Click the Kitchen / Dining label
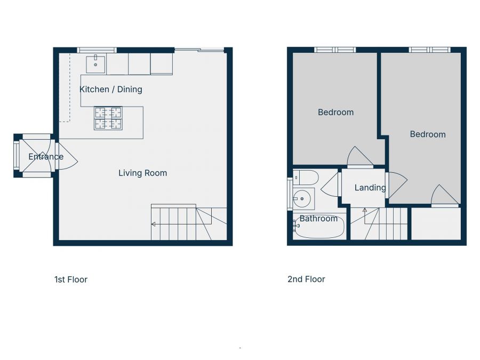[111, 89]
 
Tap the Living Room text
[142, 173]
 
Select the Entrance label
[46, 156]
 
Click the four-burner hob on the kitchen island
[108, 118]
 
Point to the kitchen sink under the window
[96, 63]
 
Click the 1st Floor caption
[71, 279]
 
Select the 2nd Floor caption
[306, 279]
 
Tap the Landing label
[370, 187]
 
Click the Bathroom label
[318, 218]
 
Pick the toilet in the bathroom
[306, 177]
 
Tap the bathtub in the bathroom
[319, 229]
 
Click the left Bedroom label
[335, 112]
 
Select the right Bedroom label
[428, 134]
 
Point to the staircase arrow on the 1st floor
[154, 224]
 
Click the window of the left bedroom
[335, 50]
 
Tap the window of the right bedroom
[430, 50]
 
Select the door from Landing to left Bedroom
[360, 157]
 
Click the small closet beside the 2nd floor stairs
[436, 223]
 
